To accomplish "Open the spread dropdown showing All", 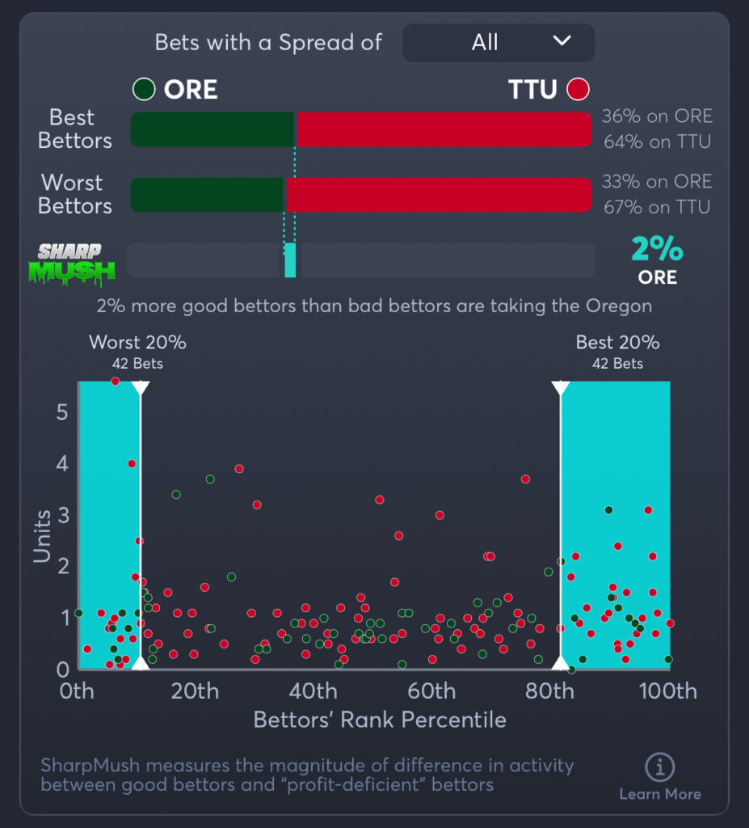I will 498,42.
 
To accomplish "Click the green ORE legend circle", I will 144,89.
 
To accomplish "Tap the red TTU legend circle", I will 578,89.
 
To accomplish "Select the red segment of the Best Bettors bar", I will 444,129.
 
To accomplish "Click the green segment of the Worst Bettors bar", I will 208,195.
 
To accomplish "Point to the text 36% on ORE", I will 656,116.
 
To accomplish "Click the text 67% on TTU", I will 656,207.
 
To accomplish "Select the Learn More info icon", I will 660,767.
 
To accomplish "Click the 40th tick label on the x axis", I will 313,691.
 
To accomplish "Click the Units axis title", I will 42,534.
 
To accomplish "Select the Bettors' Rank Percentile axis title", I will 380,720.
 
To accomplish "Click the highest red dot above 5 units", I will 115,381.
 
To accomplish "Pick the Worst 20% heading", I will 137,342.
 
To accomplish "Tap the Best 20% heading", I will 617,342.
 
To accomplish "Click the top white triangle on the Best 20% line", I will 560,388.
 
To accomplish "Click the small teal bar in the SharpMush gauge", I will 290,260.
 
